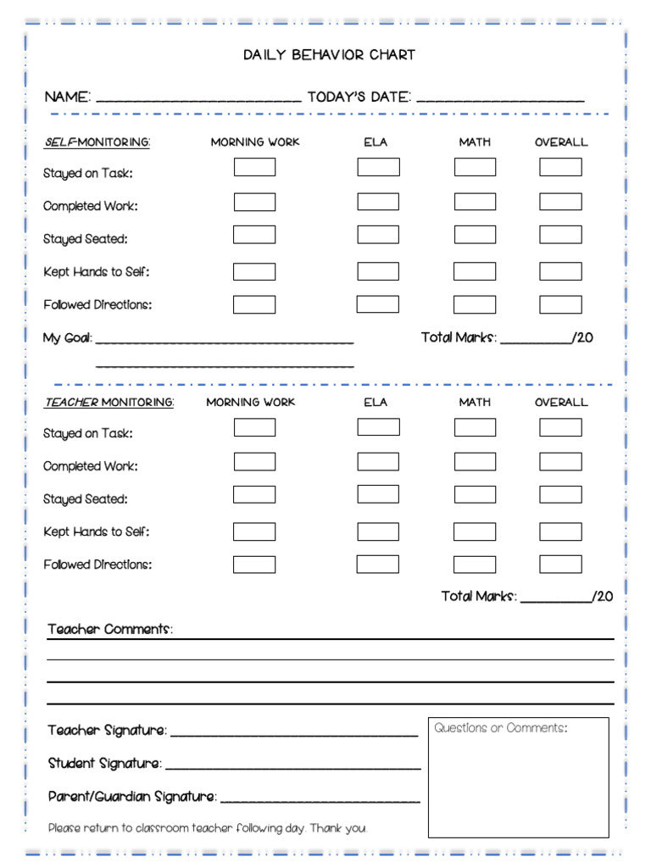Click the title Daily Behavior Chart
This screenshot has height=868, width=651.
(329, 55)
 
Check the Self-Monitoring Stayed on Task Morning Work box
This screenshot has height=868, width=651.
(254, 167)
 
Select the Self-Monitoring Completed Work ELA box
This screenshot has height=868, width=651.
(378, 202)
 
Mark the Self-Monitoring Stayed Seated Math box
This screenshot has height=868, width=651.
(475, 235)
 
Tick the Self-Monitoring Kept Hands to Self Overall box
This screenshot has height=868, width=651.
(560, 271)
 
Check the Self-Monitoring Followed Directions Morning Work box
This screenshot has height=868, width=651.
(254, 304)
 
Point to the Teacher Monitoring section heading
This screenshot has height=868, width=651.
(109, 403)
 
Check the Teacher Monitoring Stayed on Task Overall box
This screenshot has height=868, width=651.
(560, 427)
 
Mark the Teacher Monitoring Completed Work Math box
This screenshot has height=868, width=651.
(475, 462)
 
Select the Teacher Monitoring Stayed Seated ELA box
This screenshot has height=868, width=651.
(378, 494)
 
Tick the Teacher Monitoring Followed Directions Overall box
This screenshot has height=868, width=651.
(560, 564)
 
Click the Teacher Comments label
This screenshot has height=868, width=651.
(110, 629)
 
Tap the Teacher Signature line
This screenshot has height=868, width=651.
(293, 733)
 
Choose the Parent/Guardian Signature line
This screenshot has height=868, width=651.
(320, 799)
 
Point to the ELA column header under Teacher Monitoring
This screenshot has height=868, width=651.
(376, 403)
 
